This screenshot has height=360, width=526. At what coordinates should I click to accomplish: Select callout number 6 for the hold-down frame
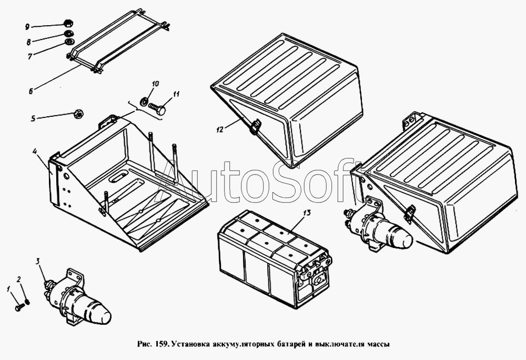31,91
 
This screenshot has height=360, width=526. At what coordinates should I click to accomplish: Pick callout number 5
33,118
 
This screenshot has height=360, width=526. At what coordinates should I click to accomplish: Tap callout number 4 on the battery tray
35,151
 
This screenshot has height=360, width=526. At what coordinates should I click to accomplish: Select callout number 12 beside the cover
220,129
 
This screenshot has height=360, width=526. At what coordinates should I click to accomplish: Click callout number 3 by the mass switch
38,261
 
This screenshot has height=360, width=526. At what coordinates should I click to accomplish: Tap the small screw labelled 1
19,307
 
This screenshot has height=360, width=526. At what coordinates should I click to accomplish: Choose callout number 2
19,279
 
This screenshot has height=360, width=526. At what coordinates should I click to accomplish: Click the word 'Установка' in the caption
190,344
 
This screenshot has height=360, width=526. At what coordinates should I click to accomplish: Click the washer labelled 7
69,42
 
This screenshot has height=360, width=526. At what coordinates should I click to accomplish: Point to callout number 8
29,42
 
